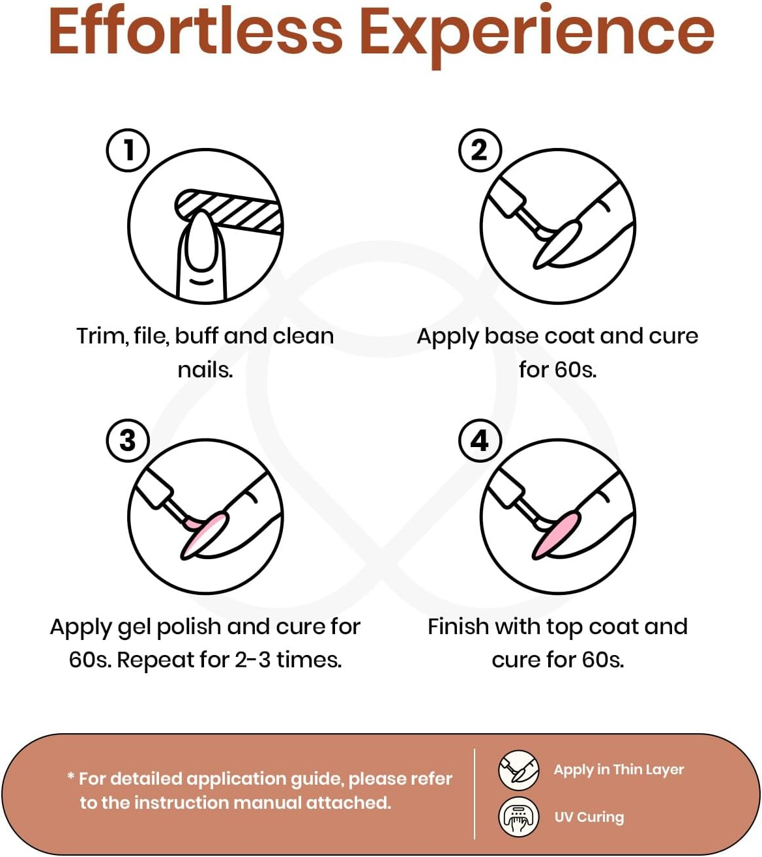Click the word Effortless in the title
[195, 32]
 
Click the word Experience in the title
[536, 36]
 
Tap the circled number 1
[128, 150]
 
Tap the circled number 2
[480, 150]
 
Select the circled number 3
[128, 441]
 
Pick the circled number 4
[480, 441]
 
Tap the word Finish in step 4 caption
[458, 627]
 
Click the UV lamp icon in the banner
[519, 817]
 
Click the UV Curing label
[589, 817]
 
